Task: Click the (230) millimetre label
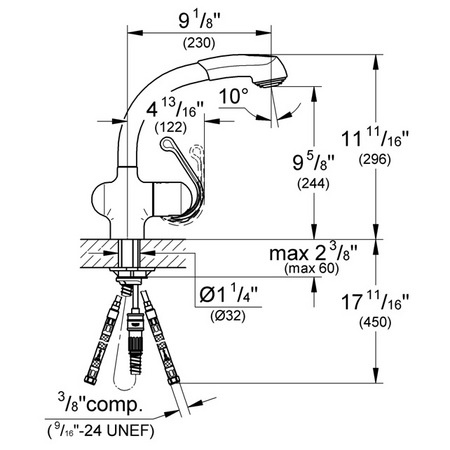pos(199,43)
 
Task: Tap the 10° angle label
pos(234,96)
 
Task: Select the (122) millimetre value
pos(171,127)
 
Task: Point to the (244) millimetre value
pos(313,184)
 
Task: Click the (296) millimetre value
pos(375,160)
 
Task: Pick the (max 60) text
pos(312,269)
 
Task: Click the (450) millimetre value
pos(375,322)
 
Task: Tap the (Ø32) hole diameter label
pos(228,316)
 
